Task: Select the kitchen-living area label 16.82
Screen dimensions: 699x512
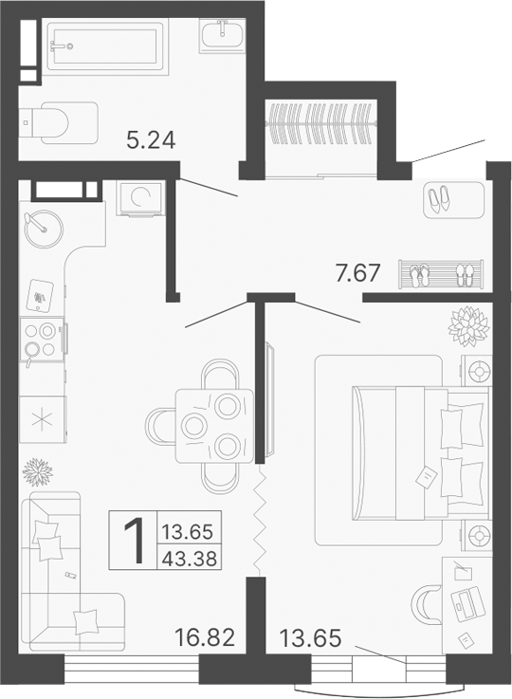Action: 206,635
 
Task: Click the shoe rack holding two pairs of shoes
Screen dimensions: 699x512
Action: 441,276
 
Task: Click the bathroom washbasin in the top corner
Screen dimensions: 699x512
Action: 224,35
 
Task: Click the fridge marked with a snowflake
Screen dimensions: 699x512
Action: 42,417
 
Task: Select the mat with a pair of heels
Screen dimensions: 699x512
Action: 439,199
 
